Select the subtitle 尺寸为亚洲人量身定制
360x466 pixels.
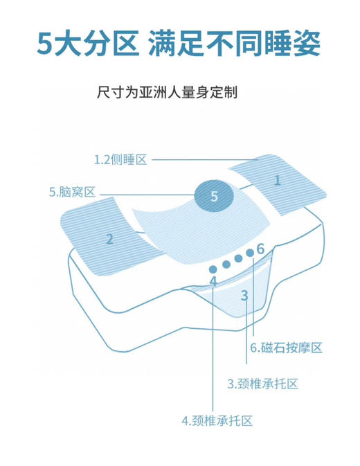(x=170, y=91)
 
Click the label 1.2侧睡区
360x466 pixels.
(x=120, y=160)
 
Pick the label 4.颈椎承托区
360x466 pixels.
(x=216, y=420)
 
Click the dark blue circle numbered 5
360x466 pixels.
(x=213, y=197)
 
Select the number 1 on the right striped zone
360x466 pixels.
(x=277, y=181)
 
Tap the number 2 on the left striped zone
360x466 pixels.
(x=109, y=240)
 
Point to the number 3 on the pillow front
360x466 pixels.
(x=244, y=296)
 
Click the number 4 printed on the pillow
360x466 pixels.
(x=213, y=281)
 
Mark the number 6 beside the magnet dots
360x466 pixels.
(x=260, y=248)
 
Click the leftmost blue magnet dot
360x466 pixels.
(x=213, y=269)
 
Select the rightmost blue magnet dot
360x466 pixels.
(x=251, y=256)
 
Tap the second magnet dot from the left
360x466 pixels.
(x=226, y=264)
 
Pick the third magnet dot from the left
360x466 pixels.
(x=238, y=259)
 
